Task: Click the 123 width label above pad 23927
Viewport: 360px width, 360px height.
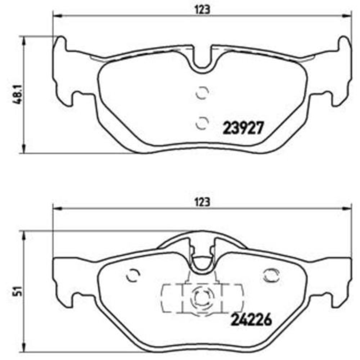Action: [x=203, y=10]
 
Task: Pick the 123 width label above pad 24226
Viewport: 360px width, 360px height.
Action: [x=203, y=202]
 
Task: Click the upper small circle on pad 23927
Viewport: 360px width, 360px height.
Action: [x=202, y=93]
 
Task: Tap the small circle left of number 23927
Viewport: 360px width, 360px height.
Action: [x=202, y=122]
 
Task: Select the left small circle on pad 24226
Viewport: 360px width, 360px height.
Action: [x=134, y=275]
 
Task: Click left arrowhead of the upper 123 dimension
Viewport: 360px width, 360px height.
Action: [x=56, y=16]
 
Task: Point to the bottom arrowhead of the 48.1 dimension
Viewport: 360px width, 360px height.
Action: [x=24, y=150]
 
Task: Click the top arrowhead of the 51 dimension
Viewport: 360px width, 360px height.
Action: [x=24, y=234]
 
